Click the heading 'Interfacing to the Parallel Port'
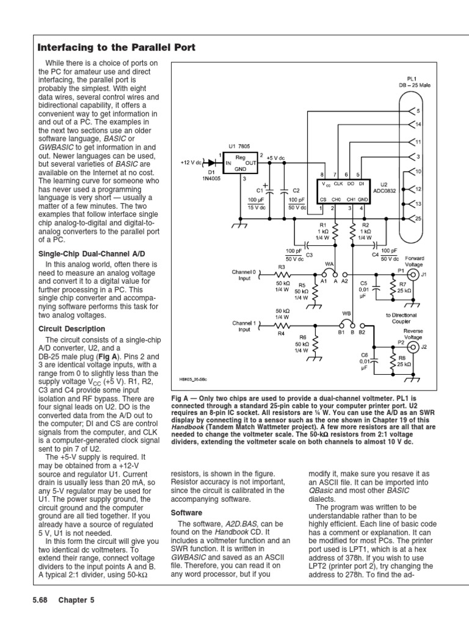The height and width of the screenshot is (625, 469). click(117, 47)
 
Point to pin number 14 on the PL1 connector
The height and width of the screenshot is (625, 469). click(418, 125)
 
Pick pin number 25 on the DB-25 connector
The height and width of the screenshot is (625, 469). click(418, 218)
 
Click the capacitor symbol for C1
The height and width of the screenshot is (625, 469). click(266, 190)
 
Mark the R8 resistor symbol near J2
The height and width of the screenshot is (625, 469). click(394, 361)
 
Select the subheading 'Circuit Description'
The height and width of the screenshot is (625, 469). click(71, 329)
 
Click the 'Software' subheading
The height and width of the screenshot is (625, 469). click(186, 513)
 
